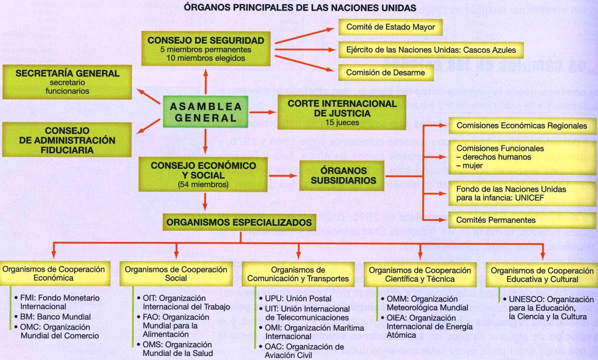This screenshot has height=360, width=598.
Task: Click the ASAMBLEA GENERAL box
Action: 204,112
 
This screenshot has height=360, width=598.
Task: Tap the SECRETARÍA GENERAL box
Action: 68,82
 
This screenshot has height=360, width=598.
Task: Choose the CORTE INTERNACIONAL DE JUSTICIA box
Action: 342,113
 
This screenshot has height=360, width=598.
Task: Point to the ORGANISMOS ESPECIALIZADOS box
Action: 239,223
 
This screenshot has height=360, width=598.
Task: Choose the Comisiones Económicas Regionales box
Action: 521,126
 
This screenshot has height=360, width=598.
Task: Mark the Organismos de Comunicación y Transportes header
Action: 298,274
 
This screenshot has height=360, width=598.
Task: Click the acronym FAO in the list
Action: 151,317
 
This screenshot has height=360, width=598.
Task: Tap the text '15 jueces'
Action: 342,123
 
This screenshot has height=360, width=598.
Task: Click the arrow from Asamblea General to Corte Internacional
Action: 263,112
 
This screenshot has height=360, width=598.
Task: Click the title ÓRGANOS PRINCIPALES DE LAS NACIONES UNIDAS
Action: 300,8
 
